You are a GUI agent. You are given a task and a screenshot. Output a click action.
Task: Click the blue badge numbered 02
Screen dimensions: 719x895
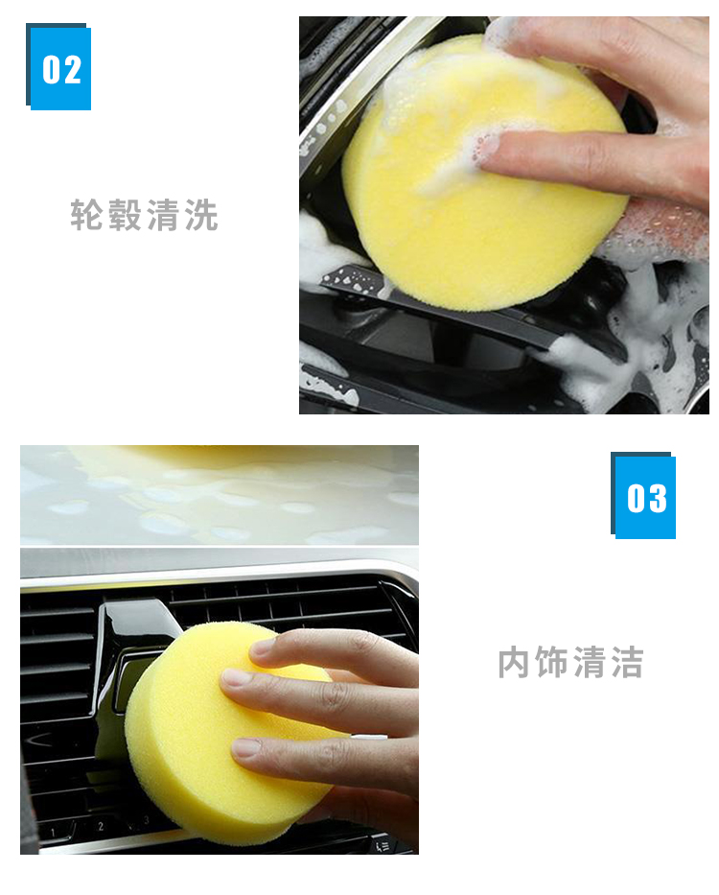point(58,67)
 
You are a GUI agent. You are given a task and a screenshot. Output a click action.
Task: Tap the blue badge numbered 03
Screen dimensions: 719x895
point(643,496)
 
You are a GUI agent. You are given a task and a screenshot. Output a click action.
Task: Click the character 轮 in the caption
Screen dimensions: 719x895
point(86,215)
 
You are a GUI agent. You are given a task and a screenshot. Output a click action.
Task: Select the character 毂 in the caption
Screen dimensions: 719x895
point(125,215)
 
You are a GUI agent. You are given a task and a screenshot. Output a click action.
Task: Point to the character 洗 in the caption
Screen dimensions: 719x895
point(201,215)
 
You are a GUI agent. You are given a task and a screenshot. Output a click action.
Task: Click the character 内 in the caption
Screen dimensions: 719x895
point(514,663)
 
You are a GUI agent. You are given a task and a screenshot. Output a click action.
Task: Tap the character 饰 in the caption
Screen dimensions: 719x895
point(552,663)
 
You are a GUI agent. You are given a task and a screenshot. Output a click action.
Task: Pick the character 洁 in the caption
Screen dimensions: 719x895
point(628,663)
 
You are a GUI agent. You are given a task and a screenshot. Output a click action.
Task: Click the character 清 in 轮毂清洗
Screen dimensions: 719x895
point(163,215)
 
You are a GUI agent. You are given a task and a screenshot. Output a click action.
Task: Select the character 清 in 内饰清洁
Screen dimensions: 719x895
point(590,663)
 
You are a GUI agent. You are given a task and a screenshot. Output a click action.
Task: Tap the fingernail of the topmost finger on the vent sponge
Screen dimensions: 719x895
point(263,648)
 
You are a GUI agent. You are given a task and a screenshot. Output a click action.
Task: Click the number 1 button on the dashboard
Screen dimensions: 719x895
point(53,833)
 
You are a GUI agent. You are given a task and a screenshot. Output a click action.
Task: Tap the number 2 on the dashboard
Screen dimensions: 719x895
point(101,826)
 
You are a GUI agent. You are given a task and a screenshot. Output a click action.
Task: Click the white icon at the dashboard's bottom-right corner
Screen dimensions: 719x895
point(383,844)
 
